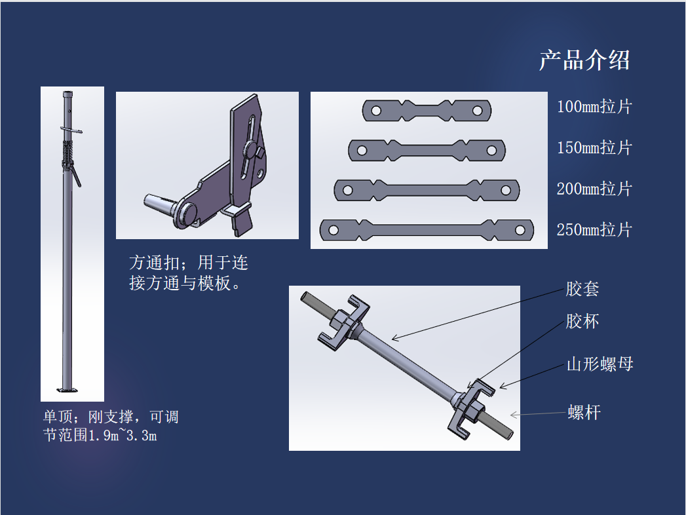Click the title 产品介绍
tap(584, 60)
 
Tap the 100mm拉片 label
tap(594, 107)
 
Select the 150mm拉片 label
tap(594, 148)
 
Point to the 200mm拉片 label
tap(594, 189)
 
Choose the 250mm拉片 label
tap(594, 230)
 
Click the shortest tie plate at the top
tap(427, 110)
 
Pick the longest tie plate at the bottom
tap(427, 230)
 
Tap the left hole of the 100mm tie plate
tap(376, 111)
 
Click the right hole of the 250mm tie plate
tap(520, 230)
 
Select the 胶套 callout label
tap(582, 289)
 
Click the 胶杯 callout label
tap(582, 321)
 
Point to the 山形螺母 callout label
tap(600, 364)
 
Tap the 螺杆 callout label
tap(584, 412)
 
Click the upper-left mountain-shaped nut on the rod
tap(344, 323)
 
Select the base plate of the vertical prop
tap(67, 390)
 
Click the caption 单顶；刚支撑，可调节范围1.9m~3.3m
tap(111, 426)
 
